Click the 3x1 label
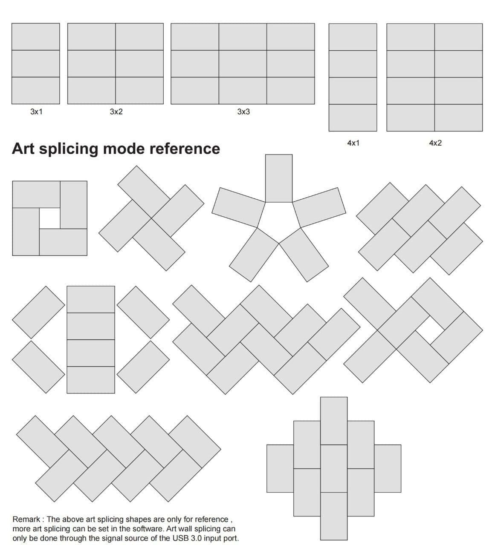37,112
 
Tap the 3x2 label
116,112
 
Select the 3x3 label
243,112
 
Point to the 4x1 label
353,143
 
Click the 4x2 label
435,143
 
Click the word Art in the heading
23,149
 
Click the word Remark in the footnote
26,519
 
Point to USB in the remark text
180,539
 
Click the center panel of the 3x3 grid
243,63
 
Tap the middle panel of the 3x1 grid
36,63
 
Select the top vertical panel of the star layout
279,178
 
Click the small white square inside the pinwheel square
50,218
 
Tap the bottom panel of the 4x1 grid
353,118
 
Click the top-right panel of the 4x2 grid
458,37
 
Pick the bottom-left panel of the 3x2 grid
92,90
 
